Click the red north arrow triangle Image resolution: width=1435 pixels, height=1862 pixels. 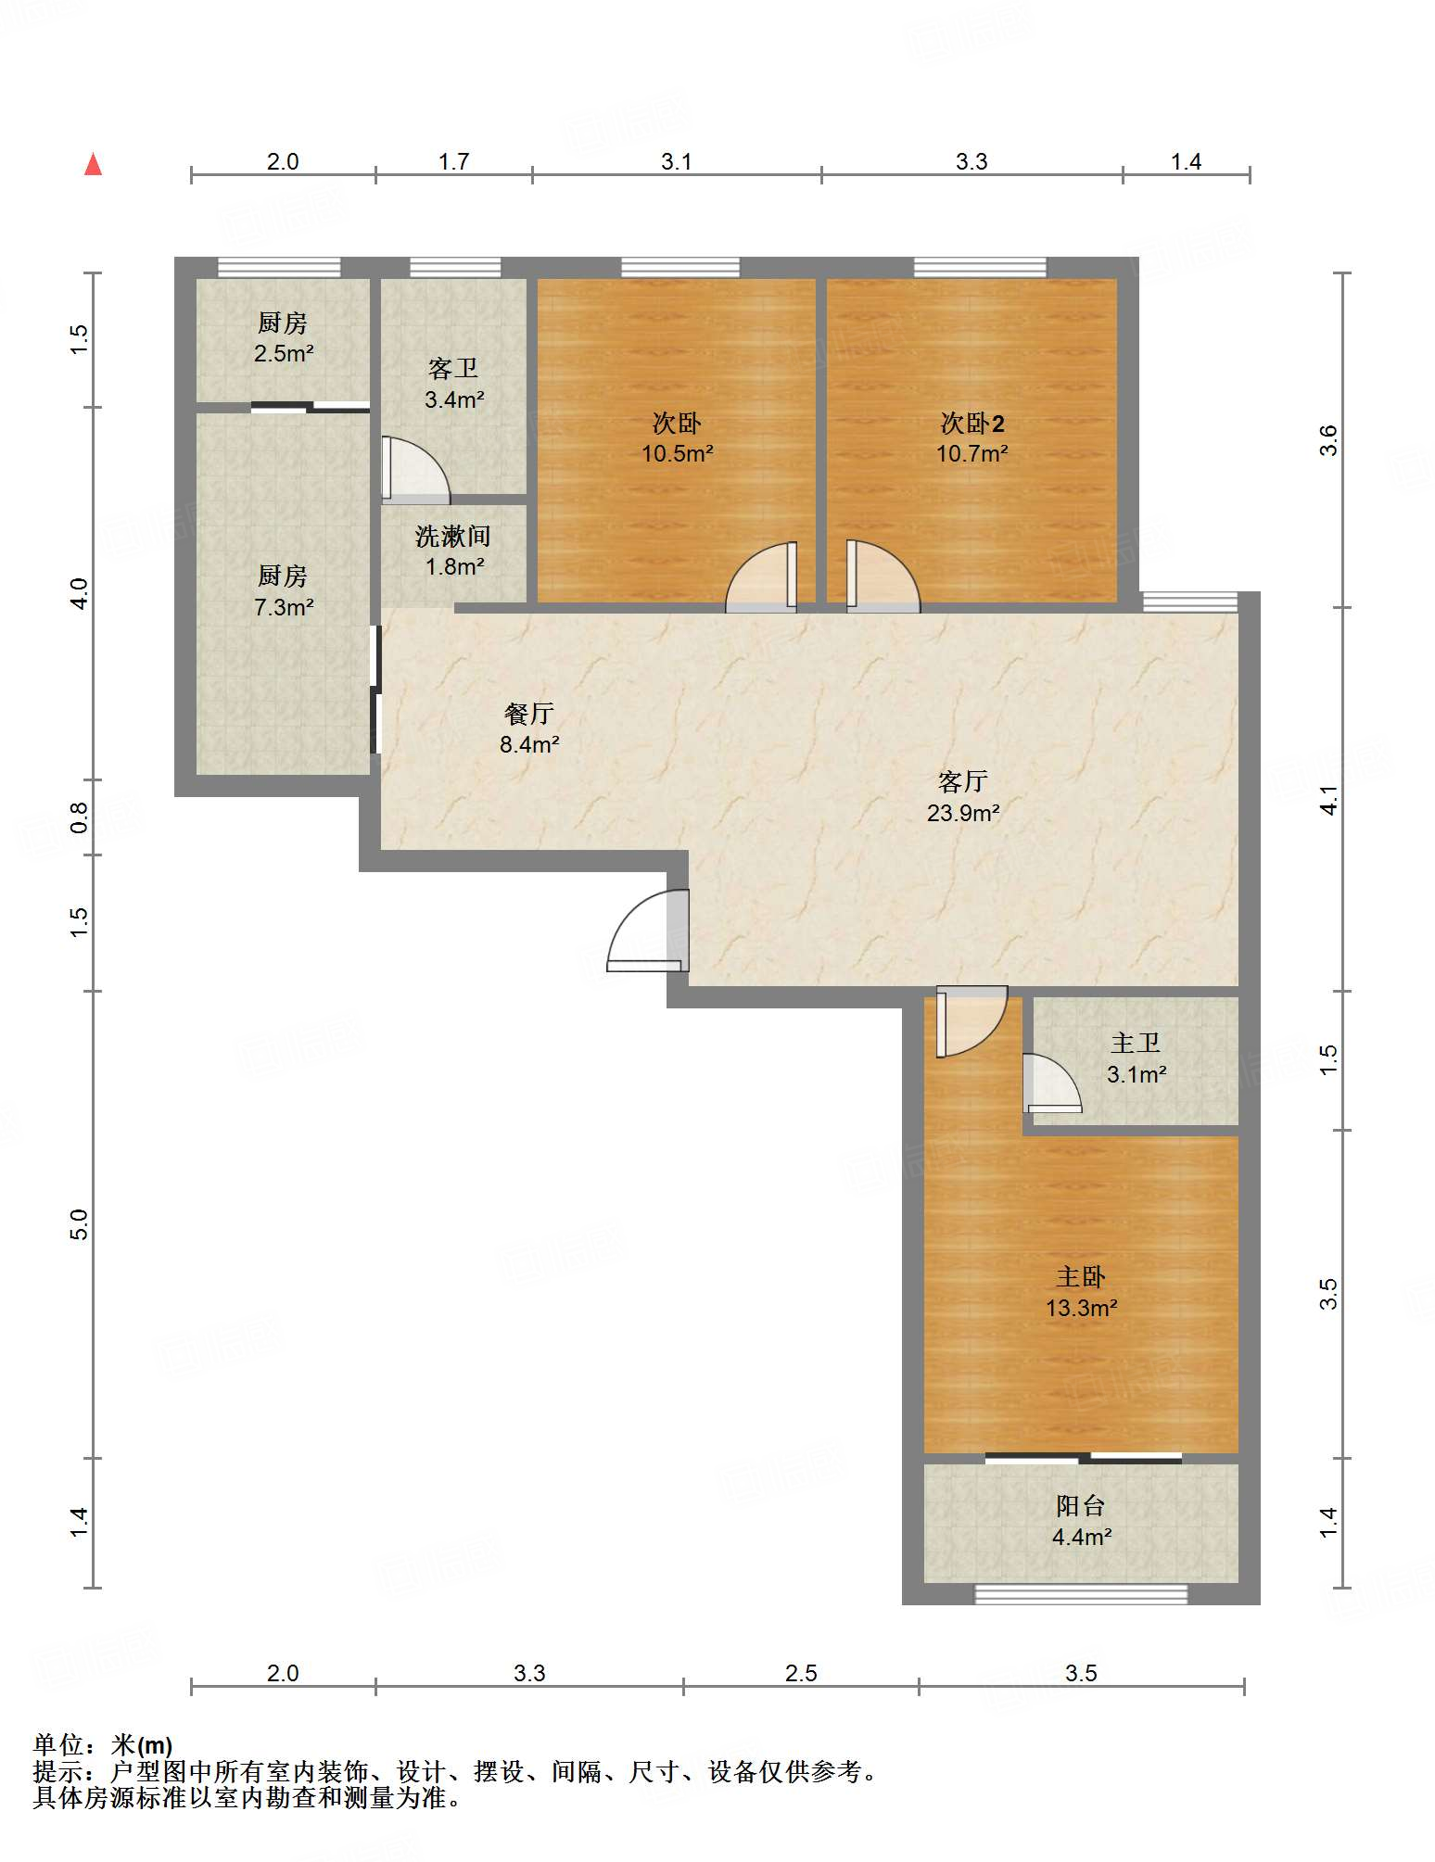pos(93,164)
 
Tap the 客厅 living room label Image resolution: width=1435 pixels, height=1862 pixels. pos(963,782)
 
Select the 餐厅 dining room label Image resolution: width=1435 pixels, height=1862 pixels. pos(529,714)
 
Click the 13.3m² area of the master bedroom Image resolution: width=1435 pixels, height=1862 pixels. pos(1081,1308)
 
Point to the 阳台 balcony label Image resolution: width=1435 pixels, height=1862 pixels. pos(1081,1505)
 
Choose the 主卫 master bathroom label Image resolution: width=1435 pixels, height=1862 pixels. pos(1136,1044)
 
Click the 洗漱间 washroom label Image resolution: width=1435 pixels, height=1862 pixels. pos(453,536)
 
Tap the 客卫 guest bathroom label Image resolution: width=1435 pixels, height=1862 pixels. pos(453,369)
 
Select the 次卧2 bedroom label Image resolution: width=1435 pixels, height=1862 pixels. pos(972,424)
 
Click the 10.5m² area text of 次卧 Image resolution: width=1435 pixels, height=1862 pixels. pos(678,453)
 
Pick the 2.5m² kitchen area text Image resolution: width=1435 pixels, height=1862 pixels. pos(284,353)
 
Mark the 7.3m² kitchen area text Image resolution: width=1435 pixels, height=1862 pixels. pos(284,607)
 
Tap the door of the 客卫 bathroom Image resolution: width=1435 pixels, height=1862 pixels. pos(415,470)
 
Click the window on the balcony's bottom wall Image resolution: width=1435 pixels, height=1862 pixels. pos(1081,1594)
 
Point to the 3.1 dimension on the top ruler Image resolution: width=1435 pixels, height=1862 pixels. pos(677,161)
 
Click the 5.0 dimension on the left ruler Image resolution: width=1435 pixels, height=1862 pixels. pos(80,1224)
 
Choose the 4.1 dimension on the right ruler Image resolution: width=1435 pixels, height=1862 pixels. pos(1329,800)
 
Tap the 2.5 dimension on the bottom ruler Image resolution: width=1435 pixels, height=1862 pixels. pos(801,1673)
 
